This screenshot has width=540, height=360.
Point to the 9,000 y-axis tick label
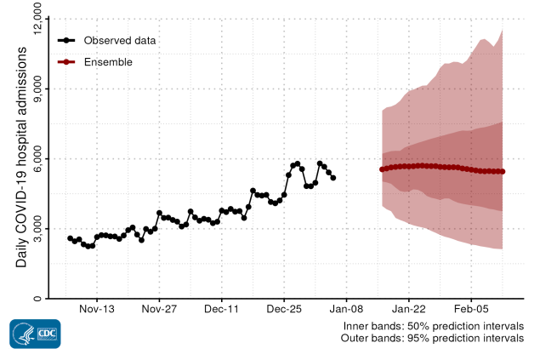pos(37,89)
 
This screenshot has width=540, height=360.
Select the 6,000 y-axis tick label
pos(37,158)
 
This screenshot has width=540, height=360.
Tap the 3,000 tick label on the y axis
pos(37,228)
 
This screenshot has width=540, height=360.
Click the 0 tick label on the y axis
pos(37,298)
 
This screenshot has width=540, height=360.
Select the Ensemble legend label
pos(108,62)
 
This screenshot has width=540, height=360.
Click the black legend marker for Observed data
pos(67,40)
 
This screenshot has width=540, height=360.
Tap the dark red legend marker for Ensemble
pos(67,62)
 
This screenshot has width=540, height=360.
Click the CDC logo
pos(35,334)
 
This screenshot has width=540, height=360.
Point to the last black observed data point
pos(333,178)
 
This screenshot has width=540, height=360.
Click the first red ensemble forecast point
pos(383,169)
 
